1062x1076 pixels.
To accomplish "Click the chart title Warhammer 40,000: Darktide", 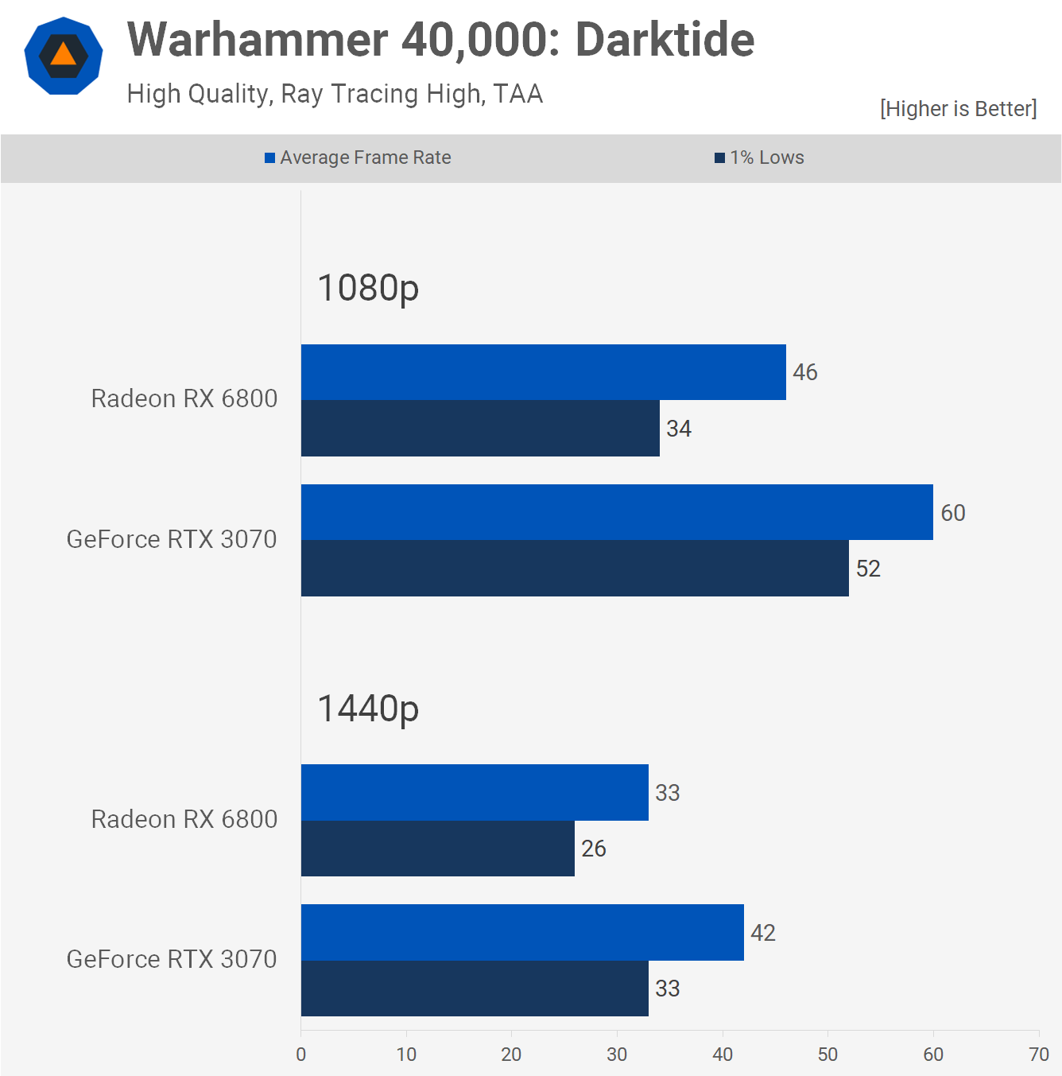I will (440, 40).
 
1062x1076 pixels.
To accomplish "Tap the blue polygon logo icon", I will (64, 56).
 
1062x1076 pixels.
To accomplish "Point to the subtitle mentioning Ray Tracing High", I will (335, 94).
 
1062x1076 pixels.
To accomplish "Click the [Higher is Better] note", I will (958, 108).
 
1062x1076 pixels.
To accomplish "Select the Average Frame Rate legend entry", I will (358, 157).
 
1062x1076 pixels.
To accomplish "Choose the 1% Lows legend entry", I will (759, 157).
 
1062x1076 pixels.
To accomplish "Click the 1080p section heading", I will (368, 288).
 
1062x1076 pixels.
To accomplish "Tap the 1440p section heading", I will (368, 709).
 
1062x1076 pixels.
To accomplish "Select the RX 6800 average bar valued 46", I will (543, 372).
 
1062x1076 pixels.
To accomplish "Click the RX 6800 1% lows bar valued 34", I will (480, 429).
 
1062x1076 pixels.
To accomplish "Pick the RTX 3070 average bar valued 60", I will (617, 512).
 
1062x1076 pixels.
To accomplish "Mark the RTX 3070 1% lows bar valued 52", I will (575, 569).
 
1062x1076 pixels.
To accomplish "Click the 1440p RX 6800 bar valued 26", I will (437, 849).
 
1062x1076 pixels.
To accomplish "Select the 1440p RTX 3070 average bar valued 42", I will (522, 932).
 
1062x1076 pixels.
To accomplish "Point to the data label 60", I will (953, 513).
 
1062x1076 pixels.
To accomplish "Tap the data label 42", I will (763, 933).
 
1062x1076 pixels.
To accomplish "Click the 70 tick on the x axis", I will (1039, 1055).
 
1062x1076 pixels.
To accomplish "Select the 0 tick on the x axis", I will (301, 1055).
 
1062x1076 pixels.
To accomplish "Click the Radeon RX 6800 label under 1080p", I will (184, 398).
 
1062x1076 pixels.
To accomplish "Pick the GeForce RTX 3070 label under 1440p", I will (172, 959).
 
